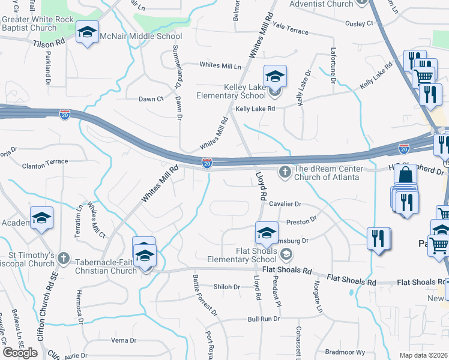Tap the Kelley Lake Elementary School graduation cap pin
(x=275, y=76)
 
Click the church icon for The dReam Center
(x=286, y=173)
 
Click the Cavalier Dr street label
(x=285, y=204)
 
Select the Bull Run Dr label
(x=264, y=319)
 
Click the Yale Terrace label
(x=290, y=31)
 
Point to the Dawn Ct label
(x=151, y=99)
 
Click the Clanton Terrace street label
(x=45, y=163)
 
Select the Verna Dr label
(x=124, y=340)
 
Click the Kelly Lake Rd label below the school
(x=255, y=109)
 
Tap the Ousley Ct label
(x=359, y=23)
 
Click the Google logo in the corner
(x=20, y=353)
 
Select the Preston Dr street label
(x=301, y=221)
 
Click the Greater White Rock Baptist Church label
(x=37, y=23)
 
